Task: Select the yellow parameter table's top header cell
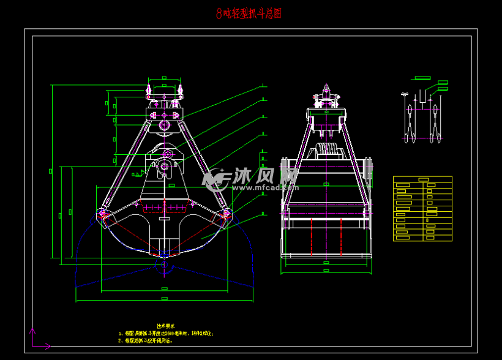(x=422, y=179)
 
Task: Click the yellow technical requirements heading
(x=166, y=326)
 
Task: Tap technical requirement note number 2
(x=156, y=340)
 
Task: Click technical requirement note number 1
(x=165, y=334)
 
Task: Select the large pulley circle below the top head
(x=164, y=124)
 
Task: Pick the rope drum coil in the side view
(x=327, y=151)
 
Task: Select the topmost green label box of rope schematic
(x=422, y=78)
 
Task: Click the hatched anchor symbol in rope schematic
(x=404, y=94)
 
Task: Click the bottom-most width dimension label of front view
(x=164, y=299)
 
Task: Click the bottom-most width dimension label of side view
(x=326, y=270)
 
